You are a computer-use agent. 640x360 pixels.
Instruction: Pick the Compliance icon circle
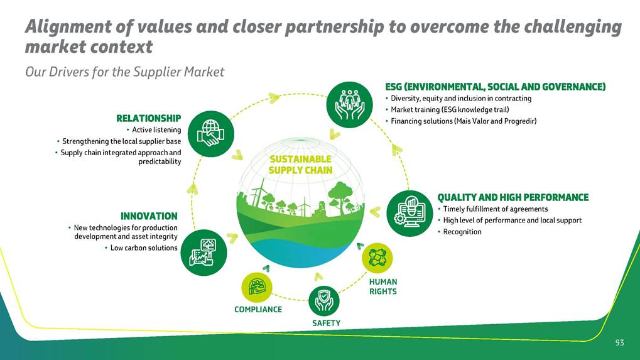tap(257, 287)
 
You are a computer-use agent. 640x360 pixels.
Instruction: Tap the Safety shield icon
tap(324, 301)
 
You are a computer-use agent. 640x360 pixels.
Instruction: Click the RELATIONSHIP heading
tap(149, 118)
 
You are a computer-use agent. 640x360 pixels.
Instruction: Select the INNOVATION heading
tap(149, 216)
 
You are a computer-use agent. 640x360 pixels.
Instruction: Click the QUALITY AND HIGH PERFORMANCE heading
tap(513, 197)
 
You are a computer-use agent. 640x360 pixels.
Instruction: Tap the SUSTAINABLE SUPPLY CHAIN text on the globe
tap(300, 165)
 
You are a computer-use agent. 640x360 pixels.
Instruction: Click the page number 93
tap(619, 342)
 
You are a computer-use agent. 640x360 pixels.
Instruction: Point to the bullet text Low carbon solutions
tap(144, 248)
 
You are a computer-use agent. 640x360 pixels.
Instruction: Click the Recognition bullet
tap(462, 232)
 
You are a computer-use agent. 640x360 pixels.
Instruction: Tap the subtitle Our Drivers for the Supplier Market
tap(124, 72)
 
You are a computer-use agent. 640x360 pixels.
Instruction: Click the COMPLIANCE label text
tap(258, 309)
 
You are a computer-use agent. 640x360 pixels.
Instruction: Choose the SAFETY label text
tap(326, 323)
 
